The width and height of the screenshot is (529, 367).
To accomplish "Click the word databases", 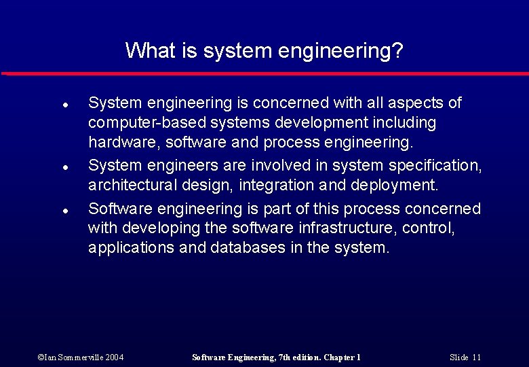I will pos(248,247).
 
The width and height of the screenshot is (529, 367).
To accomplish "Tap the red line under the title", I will pos(264,73).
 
